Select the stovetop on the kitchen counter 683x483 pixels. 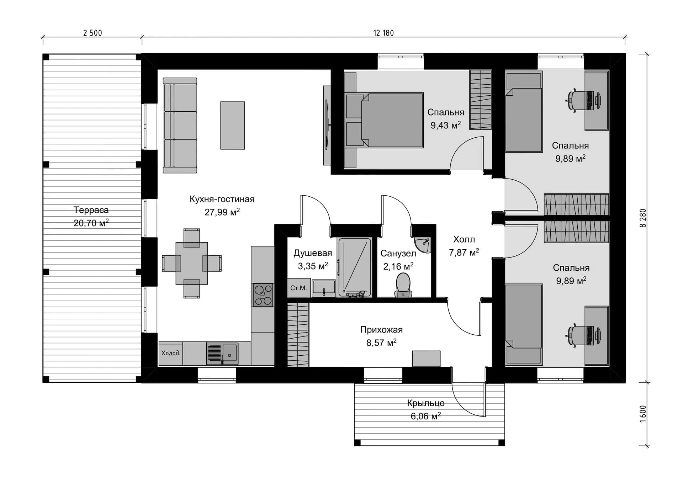[x=263, y=295]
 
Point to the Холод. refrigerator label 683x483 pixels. [x=171, y=353]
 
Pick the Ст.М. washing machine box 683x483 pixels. [x=299, y=288]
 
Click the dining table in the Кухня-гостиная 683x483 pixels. [x=192, y=264]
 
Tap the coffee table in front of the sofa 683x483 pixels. [x=232, y=126]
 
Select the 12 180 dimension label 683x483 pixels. [x=383, y=33]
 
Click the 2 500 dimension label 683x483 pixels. [x=92, y=33]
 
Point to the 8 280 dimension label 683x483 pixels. [x=643, y=218]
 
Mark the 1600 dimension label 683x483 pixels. [x=643, y=414]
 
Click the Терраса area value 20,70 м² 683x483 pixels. [x=91, y=223]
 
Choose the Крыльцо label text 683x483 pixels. [x=426, y=403]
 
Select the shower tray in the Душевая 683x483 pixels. [x=355, y=267]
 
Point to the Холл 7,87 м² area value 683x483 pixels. [x=464, y=253]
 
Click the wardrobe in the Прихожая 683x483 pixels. [x=298, y=335]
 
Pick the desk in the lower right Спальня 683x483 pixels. [x=597, y=335]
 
